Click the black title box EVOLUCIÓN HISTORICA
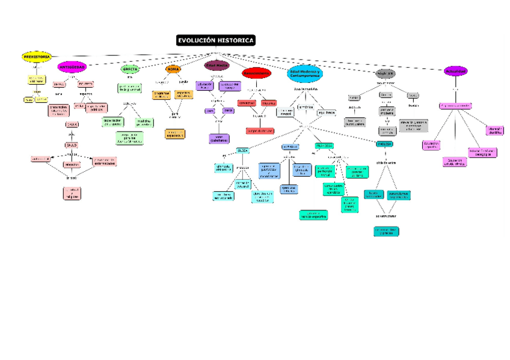(216, 40)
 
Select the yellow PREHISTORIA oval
(37, 56)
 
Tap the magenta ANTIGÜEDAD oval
(72, 67)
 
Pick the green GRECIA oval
(131, 69)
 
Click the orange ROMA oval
(173, 70)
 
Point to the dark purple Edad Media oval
(217, 66)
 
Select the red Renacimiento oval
(256, 73)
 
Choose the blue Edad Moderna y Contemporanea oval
(306, 74)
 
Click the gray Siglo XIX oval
(385, 73)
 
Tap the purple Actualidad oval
(455, 72)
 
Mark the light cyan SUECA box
(242, 150)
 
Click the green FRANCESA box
(325, 145)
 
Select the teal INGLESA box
(384, 144)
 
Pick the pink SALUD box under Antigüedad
(72, 145)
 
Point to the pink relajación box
(72, 164)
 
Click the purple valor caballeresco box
(218, 139)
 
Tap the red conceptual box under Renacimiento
(247, 103)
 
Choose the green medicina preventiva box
(143, 122)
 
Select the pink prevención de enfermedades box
(103, 161)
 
